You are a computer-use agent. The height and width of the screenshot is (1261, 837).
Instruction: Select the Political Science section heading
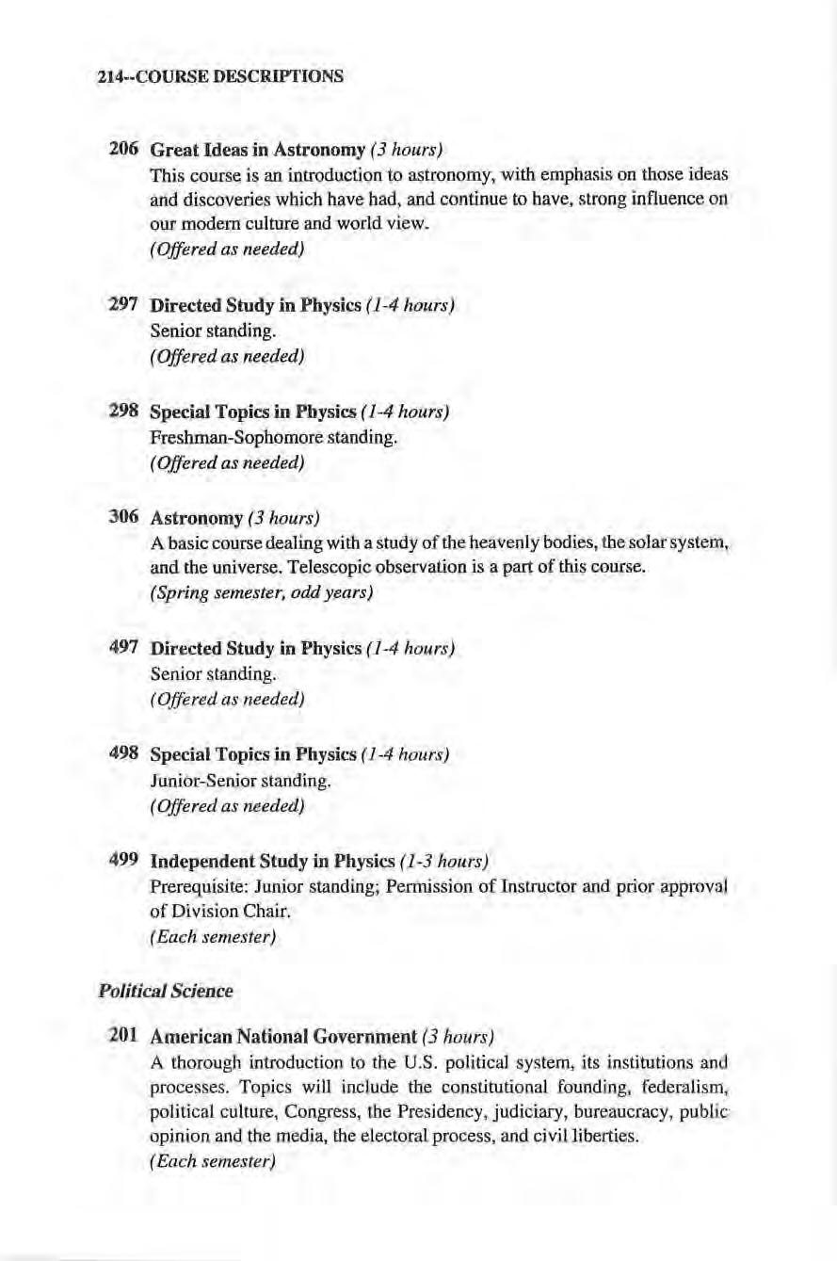pos(165,991)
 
